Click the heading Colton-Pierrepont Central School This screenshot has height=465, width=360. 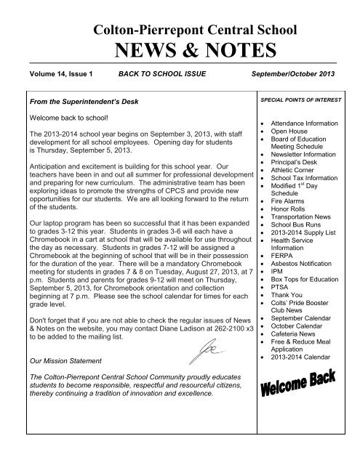[x=180, y=29]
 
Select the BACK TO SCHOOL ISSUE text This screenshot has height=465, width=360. [x=157, y=74]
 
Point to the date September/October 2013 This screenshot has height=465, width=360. [x=292, y=74]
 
